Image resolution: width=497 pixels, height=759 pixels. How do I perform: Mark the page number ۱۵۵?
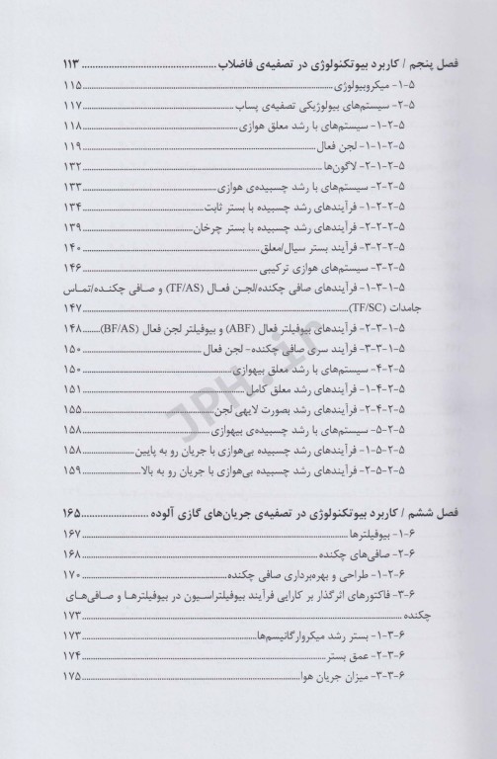tap(73, 408)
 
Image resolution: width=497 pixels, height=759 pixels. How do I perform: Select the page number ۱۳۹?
tap(73, 225)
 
